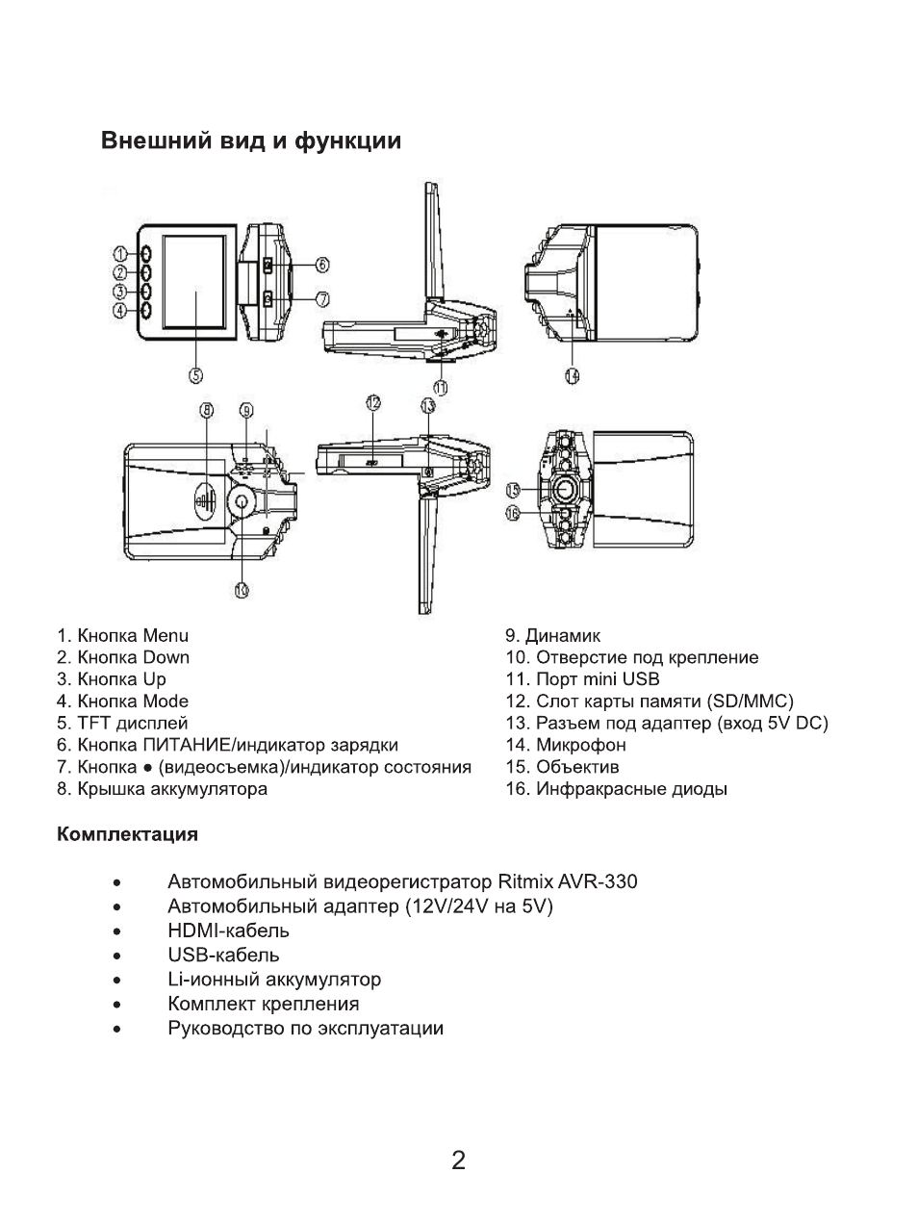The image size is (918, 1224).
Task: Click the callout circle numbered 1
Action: pos(120,254)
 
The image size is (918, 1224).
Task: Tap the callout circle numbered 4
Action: pos(120,311)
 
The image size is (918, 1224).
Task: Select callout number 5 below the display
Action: pos(195,375)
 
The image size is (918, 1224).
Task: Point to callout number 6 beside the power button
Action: pos(322,264)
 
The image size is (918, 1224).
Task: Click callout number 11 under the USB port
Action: pos(441,387)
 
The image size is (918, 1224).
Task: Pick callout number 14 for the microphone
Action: pos(573,375)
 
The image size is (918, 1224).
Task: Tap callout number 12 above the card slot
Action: pos(373,404)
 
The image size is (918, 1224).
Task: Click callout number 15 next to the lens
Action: pos(514,490)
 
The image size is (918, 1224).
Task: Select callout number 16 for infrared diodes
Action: pos(514,514)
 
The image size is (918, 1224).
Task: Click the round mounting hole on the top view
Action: pos(241,500)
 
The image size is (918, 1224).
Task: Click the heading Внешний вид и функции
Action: pos(251,141)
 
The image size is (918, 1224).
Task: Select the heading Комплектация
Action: pos(127,833)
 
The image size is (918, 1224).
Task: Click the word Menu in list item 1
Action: pos(166,635)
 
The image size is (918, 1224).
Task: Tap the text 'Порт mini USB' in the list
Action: pos(597,679)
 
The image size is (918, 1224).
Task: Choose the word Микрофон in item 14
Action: pos(580,745)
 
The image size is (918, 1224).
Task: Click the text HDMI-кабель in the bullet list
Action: pos(228,931)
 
